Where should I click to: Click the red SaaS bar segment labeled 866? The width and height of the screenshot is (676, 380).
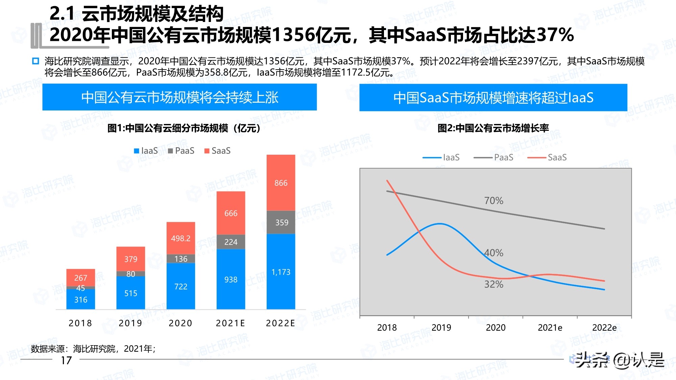click(281, 183)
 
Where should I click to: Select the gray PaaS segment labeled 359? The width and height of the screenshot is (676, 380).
click(281, 222)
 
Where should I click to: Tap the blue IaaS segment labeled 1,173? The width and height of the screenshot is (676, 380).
click(281, 272)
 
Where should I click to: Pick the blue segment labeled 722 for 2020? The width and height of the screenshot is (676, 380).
click(180, 286)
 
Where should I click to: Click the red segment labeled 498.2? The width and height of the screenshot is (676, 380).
click(180, 238)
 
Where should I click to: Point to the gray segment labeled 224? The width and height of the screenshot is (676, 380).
click(231, 242)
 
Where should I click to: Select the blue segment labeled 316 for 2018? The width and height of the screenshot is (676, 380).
click(80, 299)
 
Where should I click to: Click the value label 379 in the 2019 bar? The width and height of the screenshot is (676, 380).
click(130, 259)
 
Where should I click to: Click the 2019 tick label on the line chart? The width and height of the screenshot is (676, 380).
click(441, 327)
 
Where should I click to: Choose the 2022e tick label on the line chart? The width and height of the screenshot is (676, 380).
click(604, 327)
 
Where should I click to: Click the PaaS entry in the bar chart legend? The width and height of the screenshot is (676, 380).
click(181, 151)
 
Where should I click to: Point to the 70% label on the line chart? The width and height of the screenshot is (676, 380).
click(493, 201)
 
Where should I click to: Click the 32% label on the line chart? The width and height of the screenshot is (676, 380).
click(493, 284)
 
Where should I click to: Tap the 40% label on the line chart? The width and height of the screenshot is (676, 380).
click(493, 253)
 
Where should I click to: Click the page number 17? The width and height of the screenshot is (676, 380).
click(66, 360)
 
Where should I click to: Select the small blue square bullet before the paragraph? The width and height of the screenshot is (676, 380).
click(35, 61)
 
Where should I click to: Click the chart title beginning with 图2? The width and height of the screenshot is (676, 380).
click(493, 128)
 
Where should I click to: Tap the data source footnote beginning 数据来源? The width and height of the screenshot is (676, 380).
click(93, 349)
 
